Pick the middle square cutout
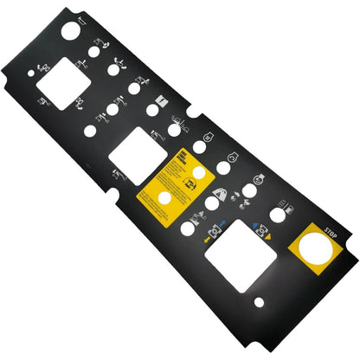133,152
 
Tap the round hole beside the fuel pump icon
276,214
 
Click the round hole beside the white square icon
152,111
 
